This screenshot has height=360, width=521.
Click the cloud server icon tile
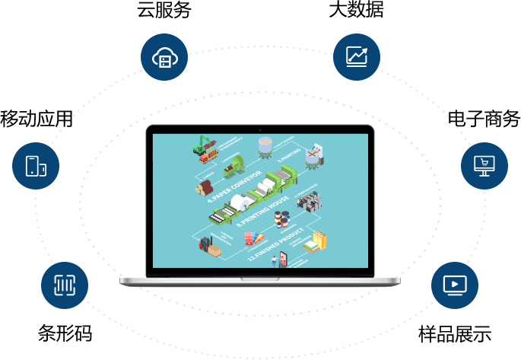(164, 56)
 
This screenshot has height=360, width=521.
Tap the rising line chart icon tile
(356, 56)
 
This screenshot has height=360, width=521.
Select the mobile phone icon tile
(35, 166)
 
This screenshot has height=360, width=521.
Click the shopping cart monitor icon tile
(484, 165)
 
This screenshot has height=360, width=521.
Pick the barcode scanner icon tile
(64, 285)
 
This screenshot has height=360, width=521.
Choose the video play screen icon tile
(454, 285)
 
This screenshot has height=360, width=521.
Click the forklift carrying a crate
(208, 246)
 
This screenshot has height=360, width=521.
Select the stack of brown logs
(204, 187)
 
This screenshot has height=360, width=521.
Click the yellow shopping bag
(320, 241)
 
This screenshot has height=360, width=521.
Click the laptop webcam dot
(260, 130)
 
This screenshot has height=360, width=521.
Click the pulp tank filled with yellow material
(313, 158)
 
